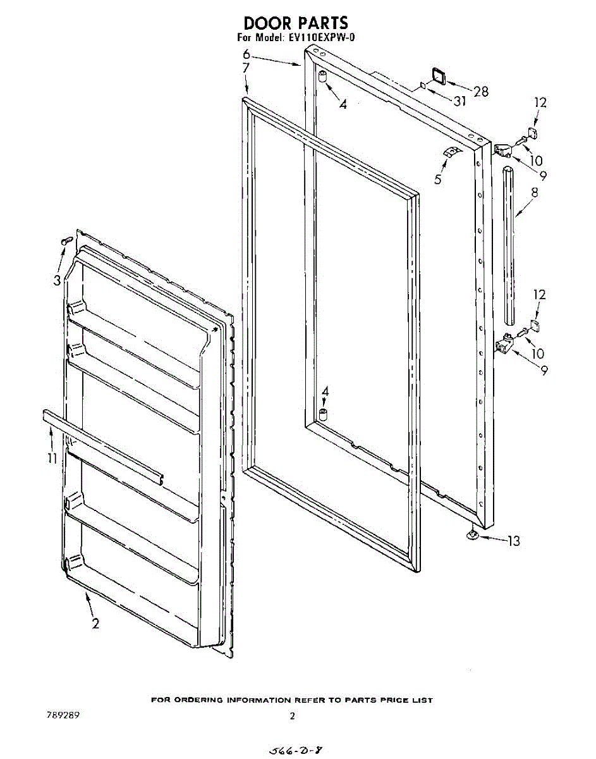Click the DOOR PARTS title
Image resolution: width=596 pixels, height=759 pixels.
pos(296,23)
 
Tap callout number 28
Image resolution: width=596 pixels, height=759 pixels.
pos(481,92)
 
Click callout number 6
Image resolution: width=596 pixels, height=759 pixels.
pos(246,54)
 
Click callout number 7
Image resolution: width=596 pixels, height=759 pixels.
pos(246,68)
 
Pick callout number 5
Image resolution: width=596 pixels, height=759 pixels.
pos(437,179)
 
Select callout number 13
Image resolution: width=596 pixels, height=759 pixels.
pos(514,541)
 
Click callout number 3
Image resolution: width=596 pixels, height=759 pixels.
pos(58,280)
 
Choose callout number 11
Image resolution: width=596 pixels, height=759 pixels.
pos(52,458)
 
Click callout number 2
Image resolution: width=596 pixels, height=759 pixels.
pos(95,624)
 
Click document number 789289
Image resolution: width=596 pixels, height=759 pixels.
pos(63,715)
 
